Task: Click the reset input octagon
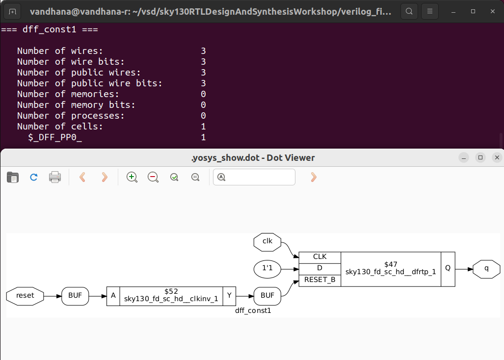[x=25, y=296]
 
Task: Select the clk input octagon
[x=267, y=241]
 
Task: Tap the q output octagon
[x=486, y=269]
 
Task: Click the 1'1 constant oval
[x=267, y=269]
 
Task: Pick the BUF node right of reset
[x=75, y=296]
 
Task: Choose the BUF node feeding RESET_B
[x=267, y=296]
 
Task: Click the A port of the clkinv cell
[x=113, y=296]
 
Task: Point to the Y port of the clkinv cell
[x=230, y=296]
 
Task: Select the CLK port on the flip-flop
[x=319, y=257]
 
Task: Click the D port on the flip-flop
[x=319, y=269]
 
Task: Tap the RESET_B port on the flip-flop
[x=319, y=280]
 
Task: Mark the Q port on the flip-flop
[x=448, y=269]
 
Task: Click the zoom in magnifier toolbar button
[x=132, y=177]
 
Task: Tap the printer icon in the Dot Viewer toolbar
[x=55, y=177]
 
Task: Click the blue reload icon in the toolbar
[x=34, y=177]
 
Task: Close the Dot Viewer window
[x=497, y=157]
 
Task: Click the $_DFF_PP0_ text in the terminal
[x=55, y=137]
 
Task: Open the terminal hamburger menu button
[x=430, y=11]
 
